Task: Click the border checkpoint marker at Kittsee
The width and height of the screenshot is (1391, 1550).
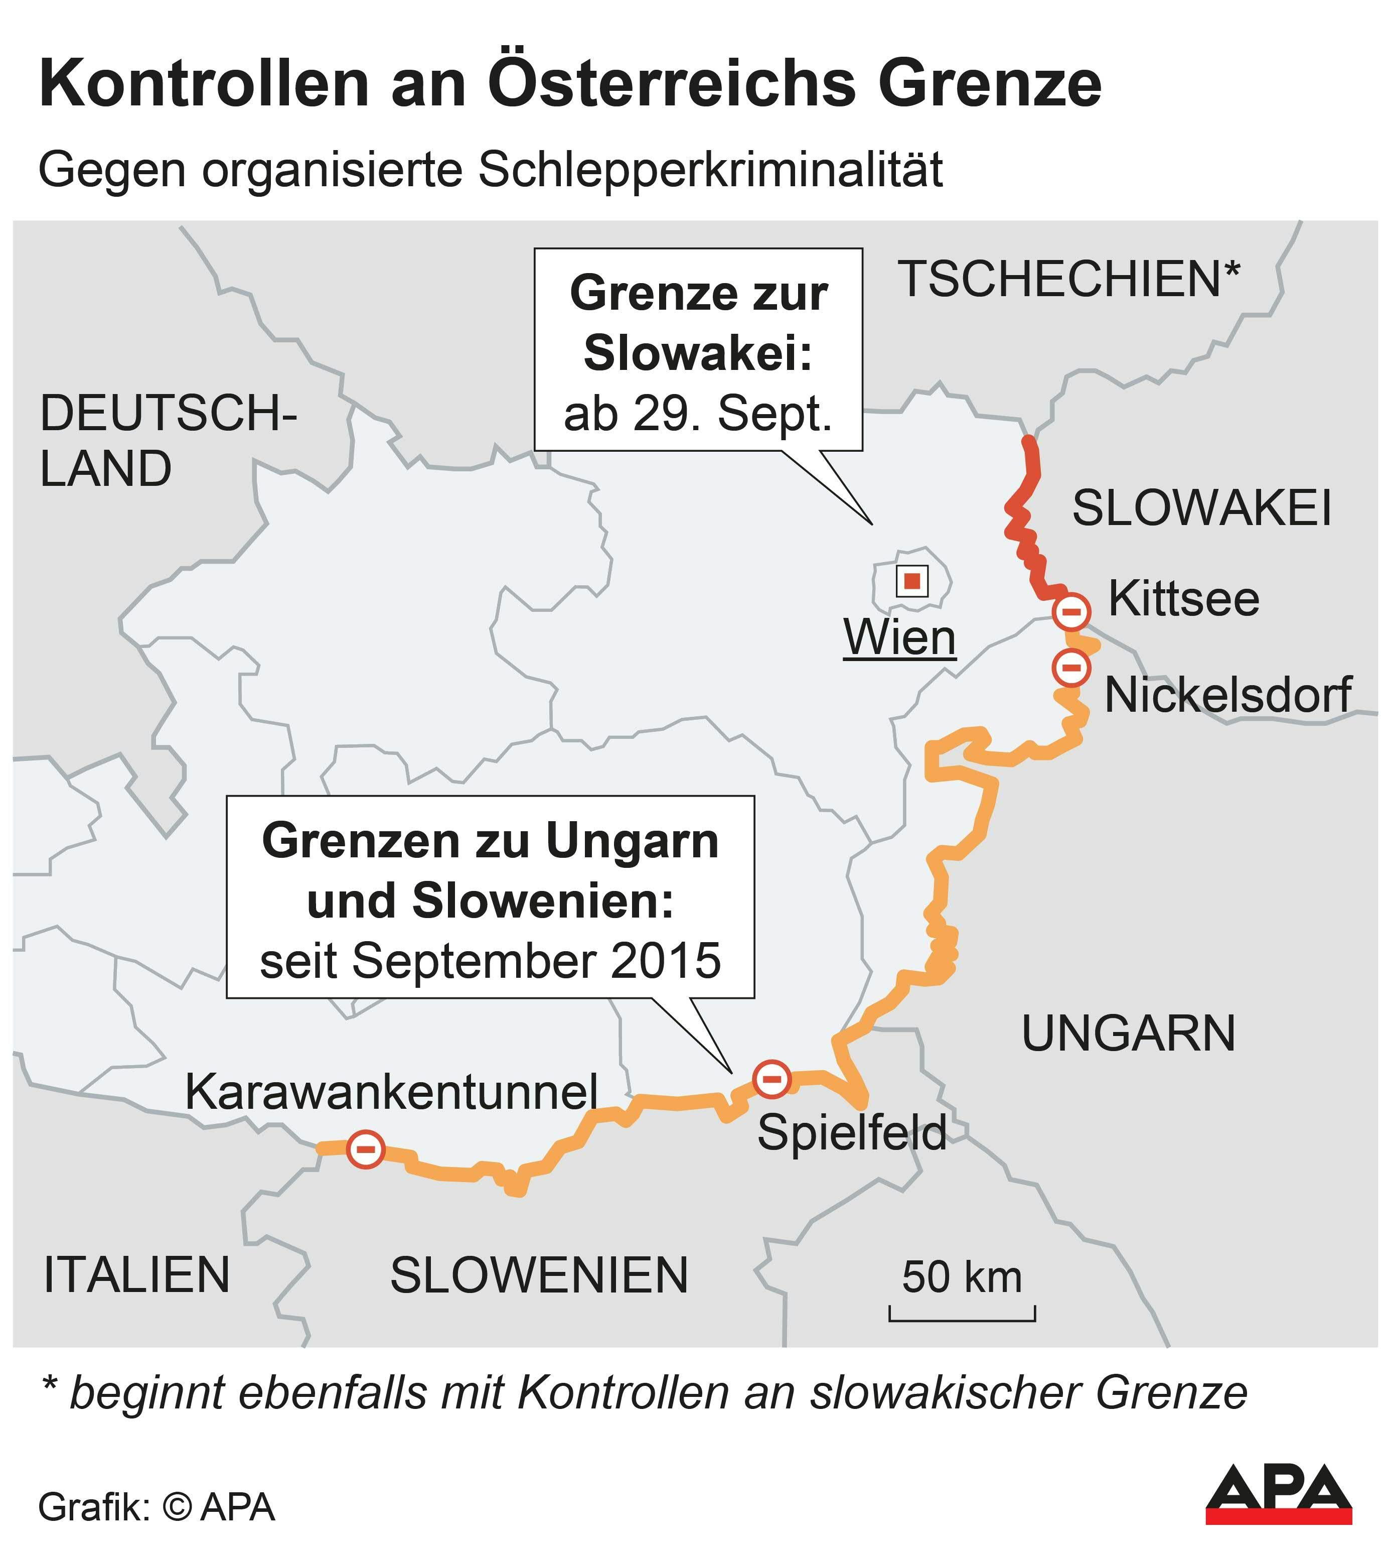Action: point(1071,612)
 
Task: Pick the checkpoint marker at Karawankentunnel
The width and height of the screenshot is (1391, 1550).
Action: point(365,1149)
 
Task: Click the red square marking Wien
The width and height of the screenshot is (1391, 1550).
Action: point(912,581)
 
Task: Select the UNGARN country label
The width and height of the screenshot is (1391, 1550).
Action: point(1128,1035)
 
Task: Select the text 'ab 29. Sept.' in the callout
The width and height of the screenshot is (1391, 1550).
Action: point(697,415)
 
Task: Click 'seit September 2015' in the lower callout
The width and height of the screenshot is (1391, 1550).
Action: point(490,961)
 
